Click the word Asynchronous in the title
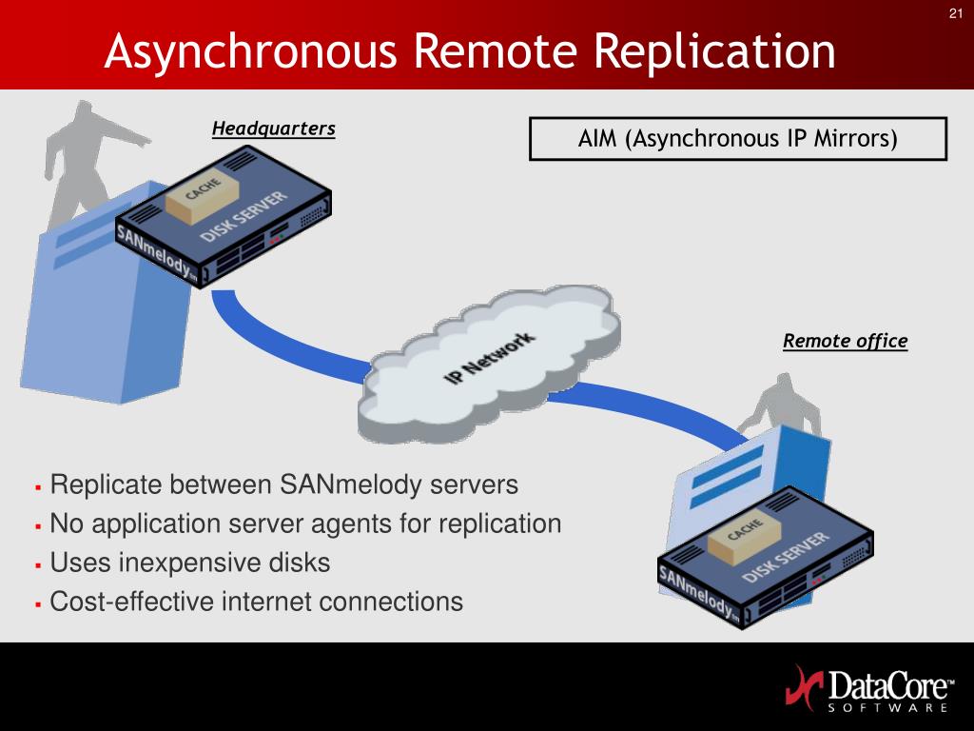pos(250,51)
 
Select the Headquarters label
pos(273,128)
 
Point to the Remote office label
pos(845,341)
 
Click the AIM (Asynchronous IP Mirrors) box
pos(737,139)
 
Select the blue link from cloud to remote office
pos(647,405)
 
